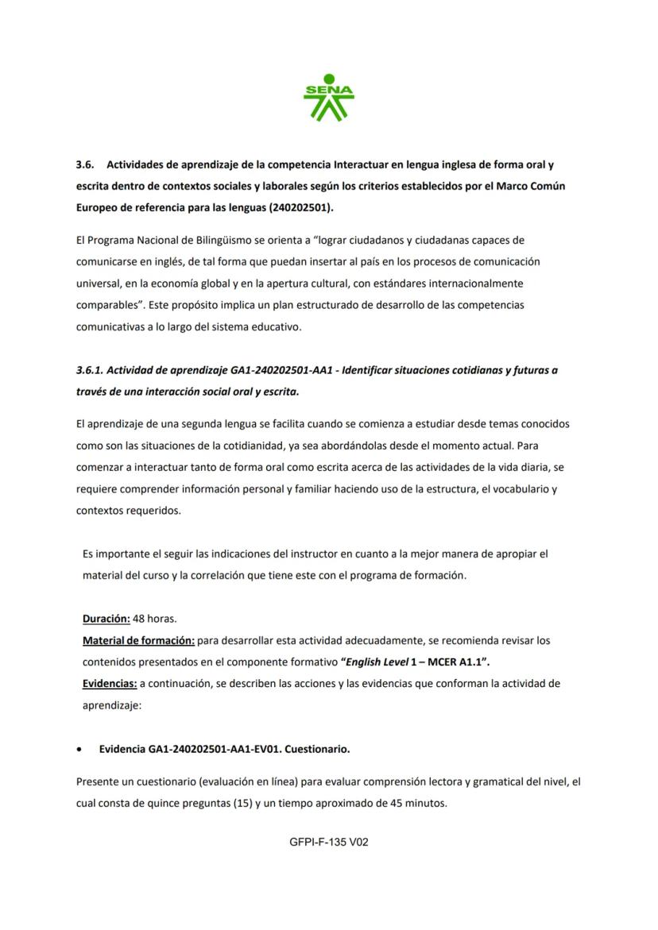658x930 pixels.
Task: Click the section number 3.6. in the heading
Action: click(x=85, y=165)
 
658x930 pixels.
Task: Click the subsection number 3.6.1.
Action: click(x=90, y=370)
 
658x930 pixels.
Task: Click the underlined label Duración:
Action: click(x=106, y=618)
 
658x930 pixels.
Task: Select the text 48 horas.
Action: click(x=155, y=618)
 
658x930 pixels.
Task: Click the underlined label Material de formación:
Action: click(x=138, y=639)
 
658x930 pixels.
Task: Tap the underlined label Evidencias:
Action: click(x=110, y=683)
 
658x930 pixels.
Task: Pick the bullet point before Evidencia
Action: click(x=79, y=749)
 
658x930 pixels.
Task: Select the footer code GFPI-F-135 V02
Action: click(x=329, y=842)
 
